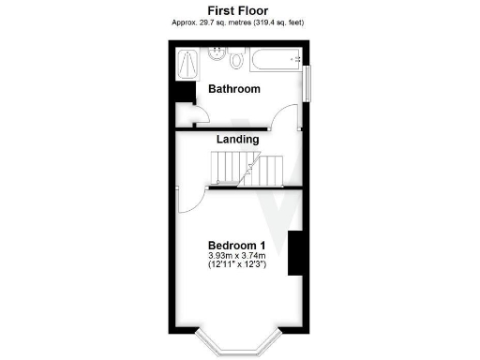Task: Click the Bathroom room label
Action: [x=233, y=90]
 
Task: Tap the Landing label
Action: [x=237, y=140]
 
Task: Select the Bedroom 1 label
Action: [x=236, y=245]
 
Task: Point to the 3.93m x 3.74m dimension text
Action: [x=237, y=255]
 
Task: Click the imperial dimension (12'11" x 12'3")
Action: [x=237, y=265]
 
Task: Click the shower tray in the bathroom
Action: [x=189, y=65]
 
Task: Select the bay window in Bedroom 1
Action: [x=239, y=344]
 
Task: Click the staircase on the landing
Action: [x=248, y=170]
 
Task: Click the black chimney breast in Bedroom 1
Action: [x=294, y=252]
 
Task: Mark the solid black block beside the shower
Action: [x=184, y=95]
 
